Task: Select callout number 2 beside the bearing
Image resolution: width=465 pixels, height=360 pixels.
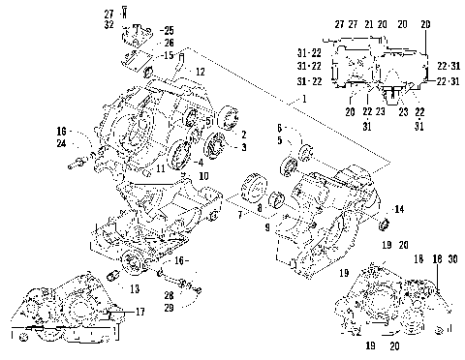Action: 244,135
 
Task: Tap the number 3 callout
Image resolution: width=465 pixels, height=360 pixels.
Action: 244,147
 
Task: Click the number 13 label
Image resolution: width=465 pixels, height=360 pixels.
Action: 134,288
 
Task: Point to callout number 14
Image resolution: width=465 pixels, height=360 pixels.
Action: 399,209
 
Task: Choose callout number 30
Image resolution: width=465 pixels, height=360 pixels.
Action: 452,260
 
